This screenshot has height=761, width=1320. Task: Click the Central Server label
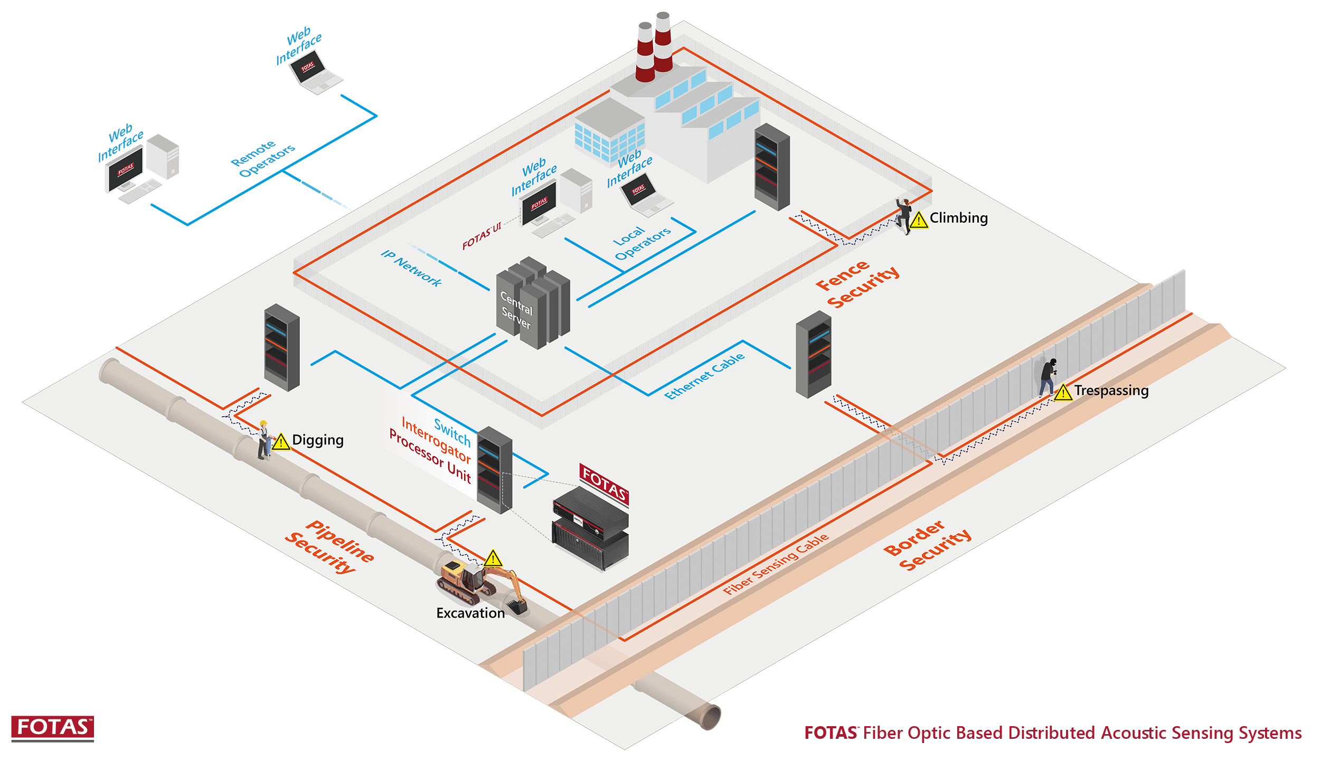[516, 310]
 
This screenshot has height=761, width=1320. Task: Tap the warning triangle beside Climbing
[919, 220]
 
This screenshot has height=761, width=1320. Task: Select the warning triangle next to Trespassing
[1063, 393]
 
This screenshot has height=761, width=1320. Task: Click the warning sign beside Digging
[281, 442]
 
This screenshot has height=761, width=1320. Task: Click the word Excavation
[470, 613]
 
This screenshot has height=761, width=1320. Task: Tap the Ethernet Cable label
[704, 376]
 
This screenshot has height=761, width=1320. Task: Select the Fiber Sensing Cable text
[776, 564]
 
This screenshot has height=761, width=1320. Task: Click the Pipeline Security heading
[330, 547]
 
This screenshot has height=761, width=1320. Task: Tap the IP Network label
[411, 269]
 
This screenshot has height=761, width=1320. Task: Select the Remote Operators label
[262, 158]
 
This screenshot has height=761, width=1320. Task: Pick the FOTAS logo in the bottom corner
[52, 728]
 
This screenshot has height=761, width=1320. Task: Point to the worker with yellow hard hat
[263, 440]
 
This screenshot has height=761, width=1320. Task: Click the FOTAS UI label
[481, 236]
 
